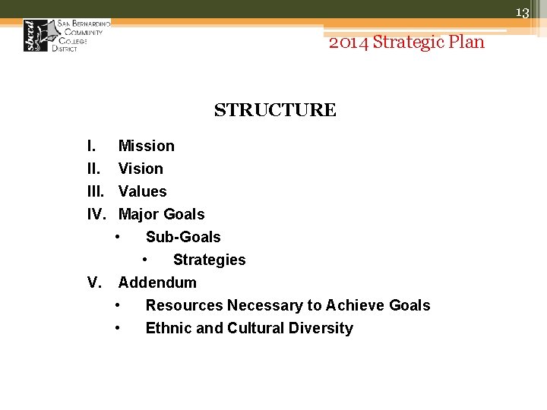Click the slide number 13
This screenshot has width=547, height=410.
(x=522, y=13)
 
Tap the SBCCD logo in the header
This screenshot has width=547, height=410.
(x=67, y=35)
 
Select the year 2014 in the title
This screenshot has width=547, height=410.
(x=349, y=42)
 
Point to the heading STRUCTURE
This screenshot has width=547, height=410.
(x=275, y=110)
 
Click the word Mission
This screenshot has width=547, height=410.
(x=147, y=146)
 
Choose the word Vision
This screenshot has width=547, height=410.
(x=141, y=169)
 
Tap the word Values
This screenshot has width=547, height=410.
(x=143, y=191)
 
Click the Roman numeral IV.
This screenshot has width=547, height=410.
(x=96, y=214)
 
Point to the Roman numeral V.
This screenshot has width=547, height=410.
(x=94, y=282)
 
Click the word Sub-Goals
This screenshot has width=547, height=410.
(x=183, y=237)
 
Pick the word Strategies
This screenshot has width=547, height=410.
(x=210, y=260)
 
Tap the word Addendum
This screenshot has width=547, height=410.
(x=157, y=282)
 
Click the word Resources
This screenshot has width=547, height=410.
(x=184, y=305)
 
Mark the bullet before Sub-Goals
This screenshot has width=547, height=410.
(x=118, y=236)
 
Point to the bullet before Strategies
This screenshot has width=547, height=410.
(x=145, y=259)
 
